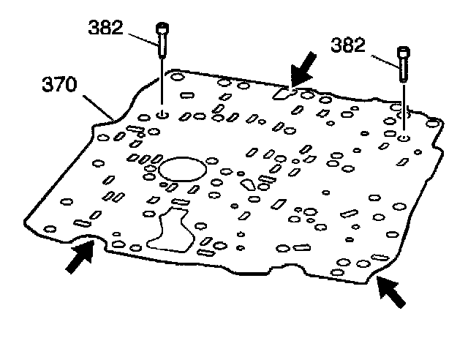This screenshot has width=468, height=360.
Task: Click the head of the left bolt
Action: [161, 29]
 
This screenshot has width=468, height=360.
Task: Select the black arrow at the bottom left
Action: [80, 258]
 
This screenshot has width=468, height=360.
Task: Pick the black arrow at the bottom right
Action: [390, 293]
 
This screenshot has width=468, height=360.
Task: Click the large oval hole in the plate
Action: [181, 168]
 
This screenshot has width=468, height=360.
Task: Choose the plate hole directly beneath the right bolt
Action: [404, 136]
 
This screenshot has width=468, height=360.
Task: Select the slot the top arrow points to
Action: [282, 93]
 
